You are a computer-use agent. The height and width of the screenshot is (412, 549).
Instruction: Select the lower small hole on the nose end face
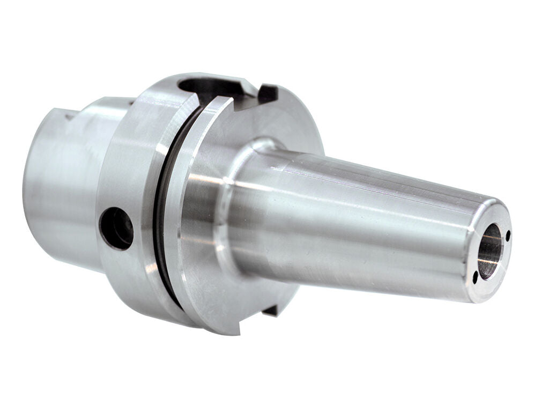475,277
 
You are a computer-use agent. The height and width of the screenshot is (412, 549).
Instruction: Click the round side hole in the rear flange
117,228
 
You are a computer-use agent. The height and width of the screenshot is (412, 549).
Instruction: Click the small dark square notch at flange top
268,93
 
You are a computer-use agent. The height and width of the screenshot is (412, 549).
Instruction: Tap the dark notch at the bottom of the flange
271,310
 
